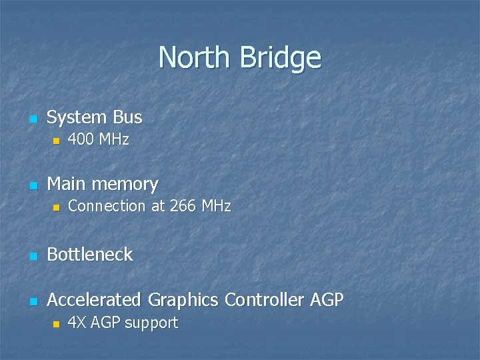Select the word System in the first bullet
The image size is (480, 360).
[77, 117]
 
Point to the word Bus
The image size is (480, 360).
[127, 117]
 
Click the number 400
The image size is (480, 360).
[81, 140]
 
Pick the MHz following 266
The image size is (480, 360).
[215, 207]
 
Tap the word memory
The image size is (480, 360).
[125, 183]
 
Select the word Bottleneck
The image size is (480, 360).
[90, 255]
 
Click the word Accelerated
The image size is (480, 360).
[95, 300]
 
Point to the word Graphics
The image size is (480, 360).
[183, 300]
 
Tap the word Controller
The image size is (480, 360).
[265, 300]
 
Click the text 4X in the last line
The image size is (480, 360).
[77, 323]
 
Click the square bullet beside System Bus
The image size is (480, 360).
[31, 119]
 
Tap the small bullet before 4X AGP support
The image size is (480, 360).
[56, 324]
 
